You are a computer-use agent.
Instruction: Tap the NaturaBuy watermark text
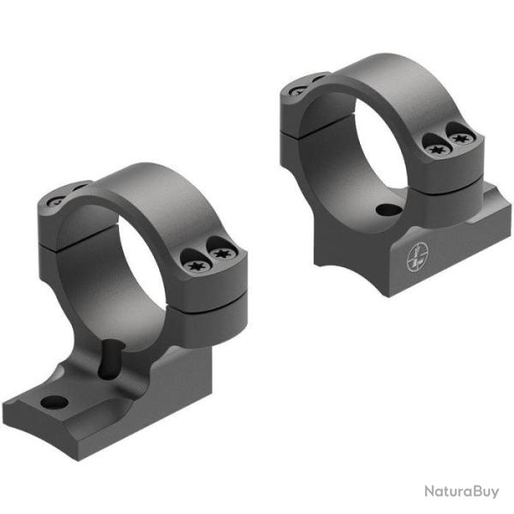coord(460,491)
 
